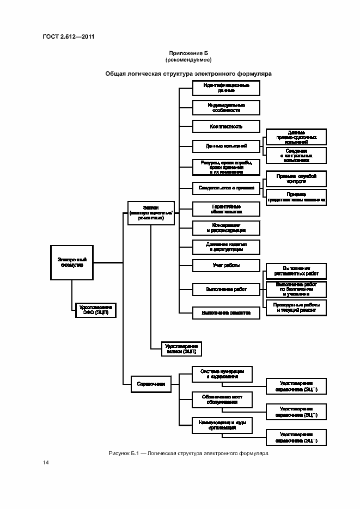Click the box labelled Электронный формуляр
pyautogui.click(x=71, y=263)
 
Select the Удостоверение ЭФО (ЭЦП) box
pyautogui.click(x=95, y=310)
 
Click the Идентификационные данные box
pyautogui.click(x=226, y=88)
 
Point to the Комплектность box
pyautogui.click(x=226, y=126)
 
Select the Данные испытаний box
pyautogui.click(x=226, y=146)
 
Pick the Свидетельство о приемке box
pyautogui.click(x=226, y=188)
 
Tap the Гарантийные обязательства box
pyautogui.click(x=226, y=209)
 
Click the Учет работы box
pyautogui.click(x=226, y=266)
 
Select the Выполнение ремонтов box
pyautogui.click(x=226, y=313)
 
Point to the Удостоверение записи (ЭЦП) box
pyautogui.click(x=182, y=349)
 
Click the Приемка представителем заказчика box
pyautogui.click(x=296, y=197)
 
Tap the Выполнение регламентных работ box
pyautogui.click(x=296, y=271)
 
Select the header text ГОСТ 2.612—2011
pyautogui.click(x=65, y=37)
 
